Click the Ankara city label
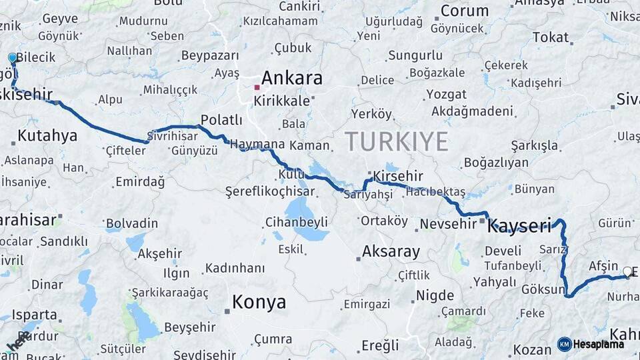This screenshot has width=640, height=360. click(291, 78)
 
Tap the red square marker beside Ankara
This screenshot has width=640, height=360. click(257, 87)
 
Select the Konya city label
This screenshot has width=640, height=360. click(259, 302)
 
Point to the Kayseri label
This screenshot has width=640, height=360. click(519, 226)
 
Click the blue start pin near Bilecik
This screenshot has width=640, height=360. click(12, 58)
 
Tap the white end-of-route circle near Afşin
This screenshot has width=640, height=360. click(627, 271)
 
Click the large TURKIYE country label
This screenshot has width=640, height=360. click(396, 141)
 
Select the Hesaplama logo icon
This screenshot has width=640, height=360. click(565, 344)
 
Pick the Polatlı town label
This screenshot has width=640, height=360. click(221, 120)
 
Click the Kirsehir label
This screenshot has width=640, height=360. click(398, 176)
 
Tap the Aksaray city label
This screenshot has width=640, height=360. click(391, 252)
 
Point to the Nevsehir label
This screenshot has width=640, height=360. click(447, 224)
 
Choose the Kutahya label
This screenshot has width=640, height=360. click(47, 136)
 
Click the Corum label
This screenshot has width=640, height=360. click(465, 11)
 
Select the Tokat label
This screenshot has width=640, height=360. click(550, 37)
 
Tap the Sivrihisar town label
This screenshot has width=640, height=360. click(175, 133)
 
